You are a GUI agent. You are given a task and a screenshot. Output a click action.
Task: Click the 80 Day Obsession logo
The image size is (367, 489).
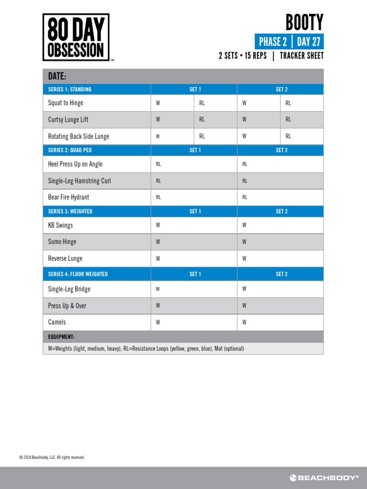76,37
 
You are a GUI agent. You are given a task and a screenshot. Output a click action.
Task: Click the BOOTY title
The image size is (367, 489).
304,22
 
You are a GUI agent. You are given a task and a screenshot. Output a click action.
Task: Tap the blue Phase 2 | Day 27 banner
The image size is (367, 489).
289,42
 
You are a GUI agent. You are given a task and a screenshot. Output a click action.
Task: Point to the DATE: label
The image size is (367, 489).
57,76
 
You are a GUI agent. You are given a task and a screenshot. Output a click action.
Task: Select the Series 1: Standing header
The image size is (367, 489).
70,89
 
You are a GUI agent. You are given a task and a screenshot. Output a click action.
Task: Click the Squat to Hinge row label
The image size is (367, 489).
65,103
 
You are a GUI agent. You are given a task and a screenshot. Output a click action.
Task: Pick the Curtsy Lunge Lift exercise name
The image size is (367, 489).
68,119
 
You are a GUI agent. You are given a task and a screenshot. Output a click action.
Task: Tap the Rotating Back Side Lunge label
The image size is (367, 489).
78,136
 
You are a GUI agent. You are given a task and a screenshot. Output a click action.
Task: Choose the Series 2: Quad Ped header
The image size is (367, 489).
70,150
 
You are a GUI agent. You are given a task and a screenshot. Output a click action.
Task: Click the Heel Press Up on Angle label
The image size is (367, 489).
75,164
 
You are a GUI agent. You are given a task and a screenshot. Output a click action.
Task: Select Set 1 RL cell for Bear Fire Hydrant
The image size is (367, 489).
194,197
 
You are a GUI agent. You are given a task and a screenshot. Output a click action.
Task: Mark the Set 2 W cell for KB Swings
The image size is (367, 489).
280,225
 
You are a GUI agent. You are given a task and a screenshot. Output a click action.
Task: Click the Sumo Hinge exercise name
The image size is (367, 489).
62,242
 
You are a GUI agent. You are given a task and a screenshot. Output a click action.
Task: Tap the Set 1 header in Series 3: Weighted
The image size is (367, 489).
195,211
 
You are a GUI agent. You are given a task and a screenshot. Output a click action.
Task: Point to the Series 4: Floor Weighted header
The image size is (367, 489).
78,274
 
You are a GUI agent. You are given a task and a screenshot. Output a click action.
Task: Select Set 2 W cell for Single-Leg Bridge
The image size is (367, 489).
280,289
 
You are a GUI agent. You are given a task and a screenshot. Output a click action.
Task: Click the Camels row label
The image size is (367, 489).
57,322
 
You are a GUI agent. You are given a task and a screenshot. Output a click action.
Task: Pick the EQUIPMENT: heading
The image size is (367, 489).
61,337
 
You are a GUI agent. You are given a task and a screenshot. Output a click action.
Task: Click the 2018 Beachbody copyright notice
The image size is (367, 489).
52,457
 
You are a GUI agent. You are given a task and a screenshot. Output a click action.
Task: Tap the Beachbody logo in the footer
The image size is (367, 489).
324,478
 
